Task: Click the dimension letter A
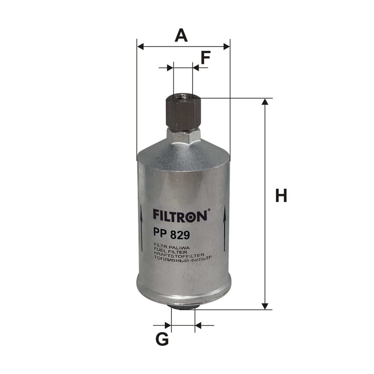[x=181, y=35]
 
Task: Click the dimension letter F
[x=205, y=58]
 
